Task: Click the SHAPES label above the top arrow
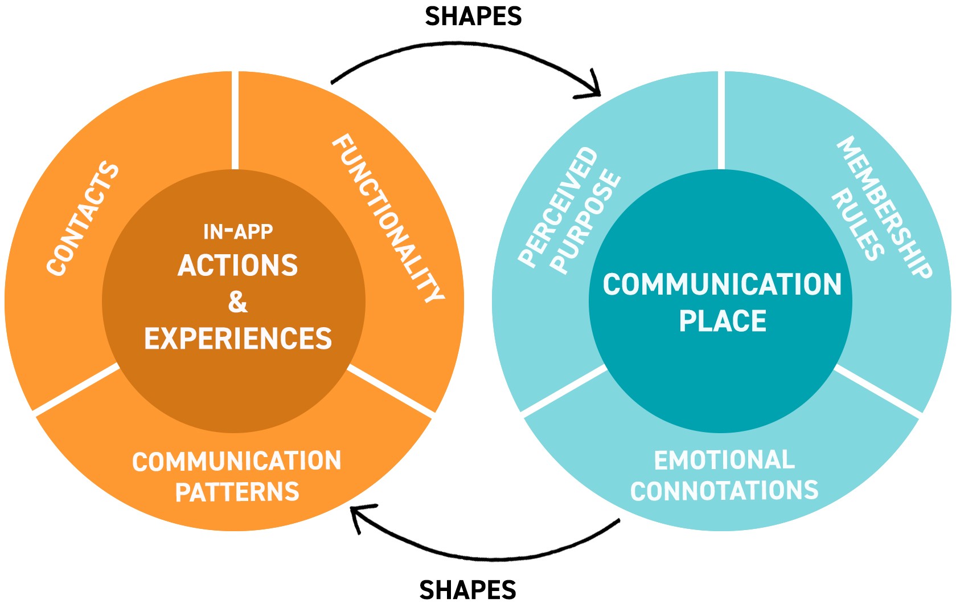pos(473,17)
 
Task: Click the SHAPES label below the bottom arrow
pos(467,589)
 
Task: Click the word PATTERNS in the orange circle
pos(237,492)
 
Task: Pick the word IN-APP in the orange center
pos(238,231)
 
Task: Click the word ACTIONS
pos(238,265)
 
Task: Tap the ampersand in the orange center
pos(238,301)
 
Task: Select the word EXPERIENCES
pos(238,339)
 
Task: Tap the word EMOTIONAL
pos(724,460)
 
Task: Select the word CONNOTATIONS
pos(724,491)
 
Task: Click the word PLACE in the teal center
pos(723,321)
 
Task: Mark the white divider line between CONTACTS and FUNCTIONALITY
pos(235,120)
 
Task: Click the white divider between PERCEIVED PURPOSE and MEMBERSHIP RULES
pos(721,120)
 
